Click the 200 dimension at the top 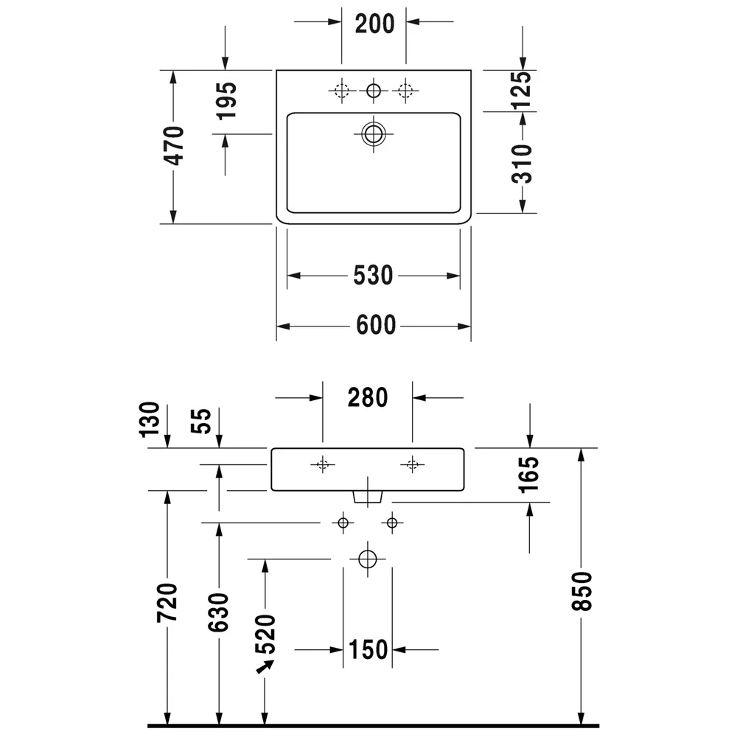click(x=374, y=24)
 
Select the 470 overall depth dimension click(x=174, y=146)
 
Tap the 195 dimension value click(x=226, y=100)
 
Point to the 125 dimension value click(x=522, y=90)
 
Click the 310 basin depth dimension click(x=522, y=164)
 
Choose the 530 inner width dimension click(x=373, y=276)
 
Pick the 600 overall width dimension click(x=376, y=325)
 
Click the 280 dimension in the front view click(x=368, y=398)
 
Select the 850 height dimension click(x=581, y=591)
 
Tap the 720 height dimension click(x=167, y=603)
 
